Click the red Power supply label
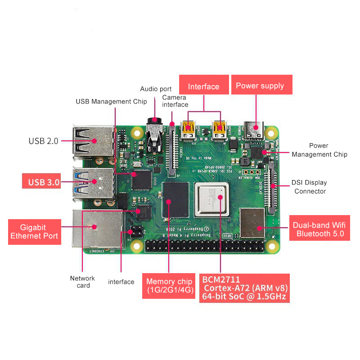pos(260,85)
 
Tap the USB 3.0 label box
pos(44,182)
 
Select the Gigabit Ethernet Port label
pos(34,231)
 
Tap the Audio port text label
pos(156,89)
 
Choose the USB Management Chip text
pos(111,102)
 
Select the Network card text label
pos(82,282)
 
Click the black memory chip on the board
pos(175,200)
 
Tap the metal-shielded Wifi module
pos(252,223)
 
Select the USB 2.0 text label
pos(43,141)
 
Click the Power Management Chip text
pos(319,150)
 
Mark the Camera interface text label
pos(175,101)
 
